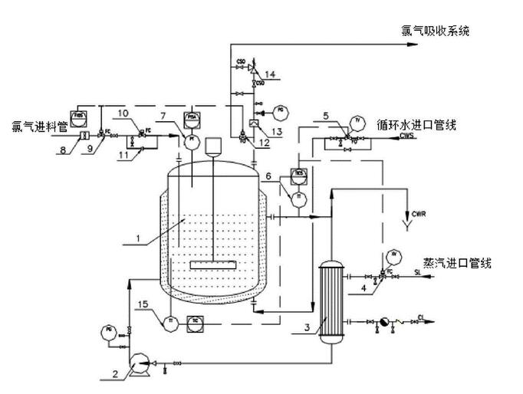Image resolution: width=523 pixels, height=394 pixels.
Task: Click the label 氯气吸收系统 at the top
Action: click(x=434, y=31)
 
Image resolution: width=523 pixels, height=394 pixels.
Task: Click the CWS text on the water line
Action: click(x=406, y=136)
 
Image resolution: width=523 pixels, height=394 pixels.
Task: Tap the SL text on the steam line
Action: click(x=419, y=272)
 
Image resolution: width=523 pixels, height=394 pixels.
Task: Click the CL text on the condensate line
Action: click(x=421, y=317)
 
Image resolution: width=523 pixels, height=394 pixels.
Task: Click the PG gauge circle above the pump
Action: click(x=106, y=332)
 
